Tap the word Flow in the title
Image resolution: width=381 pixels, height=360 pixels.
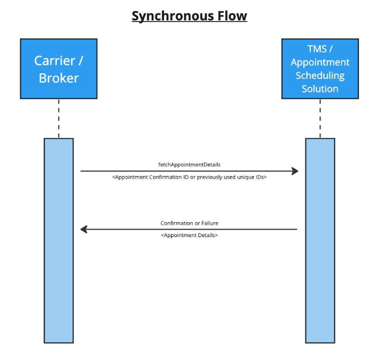pos(232,16)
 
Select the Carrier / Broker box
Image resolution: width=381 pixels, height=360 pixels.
pos(59,69)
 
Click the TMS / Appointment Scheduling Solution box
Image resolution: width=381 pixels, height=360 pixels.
pos(320,69)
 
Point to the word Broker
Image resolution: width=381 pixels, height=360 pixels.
pos(59,78)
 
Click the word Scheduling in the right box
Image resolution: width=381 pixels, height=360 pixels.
pos(320,76)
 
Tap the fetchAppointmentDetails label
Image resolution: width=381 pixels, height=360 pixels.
pos(189,165)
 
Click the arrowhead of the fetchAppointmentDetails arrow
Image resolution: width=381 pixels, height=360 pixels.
pos(295,171)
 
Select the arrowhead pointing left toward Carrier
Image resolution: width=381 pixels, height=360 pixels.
pos(84,230)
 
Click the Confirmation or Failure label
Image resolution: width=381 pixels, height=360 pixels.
pos(189,223)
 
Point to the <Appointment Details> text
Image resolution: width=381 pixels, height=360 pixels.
pos(189,235)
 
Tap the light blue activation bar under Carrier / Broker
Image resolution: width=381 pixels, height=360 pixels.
pos(59,241)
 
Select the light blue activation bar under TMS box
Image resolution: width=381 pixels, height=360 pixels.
pos(320,241)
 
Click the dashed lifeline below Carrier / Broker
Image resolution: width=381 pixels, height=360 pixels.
pos(59,119)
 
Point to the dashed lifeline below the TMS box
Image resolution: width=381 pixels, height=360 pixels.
pos(320,119)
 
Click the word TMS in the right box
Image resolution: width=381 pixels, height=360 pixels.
pos(317,49)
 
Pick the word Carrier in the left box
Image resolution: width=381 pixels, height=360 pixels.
pos(55,61)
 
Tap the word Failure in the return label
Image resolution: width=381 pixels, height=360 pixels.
pos(210,223)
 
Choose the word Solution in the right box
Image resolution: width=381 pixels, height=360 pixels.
pos(320,89)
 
